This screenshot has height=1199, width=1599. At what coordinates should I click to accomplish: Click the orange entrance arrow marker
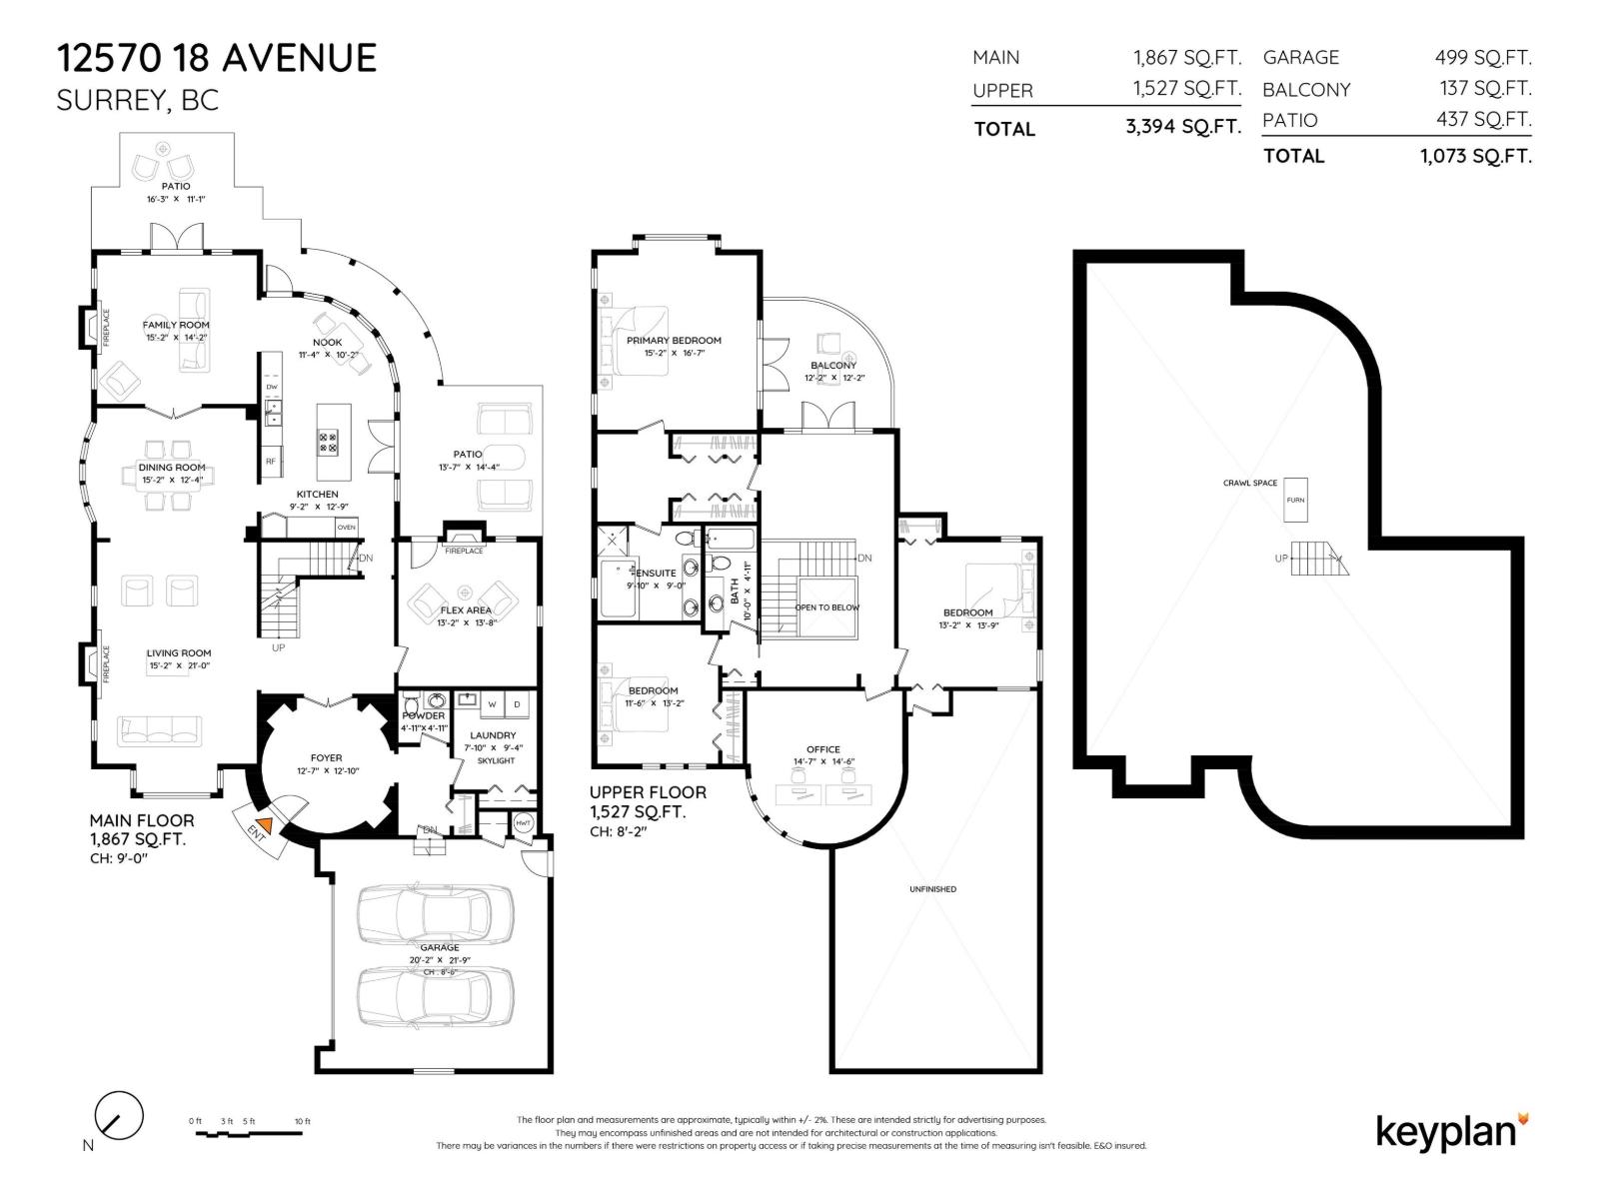262,826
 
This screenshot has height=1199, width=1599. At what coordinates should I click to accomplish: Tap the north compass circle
119,1114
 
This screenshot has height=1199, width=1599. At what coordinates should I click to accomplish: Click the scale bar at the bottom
251,1134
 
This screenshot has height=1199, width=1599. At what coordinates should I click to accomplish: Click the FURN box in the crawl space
1295,500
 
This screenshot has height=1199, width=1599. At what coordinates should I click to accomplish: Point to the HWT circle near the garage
524,822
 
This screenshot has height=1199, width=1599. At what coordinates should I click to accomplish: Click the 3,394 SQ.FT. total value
1183,127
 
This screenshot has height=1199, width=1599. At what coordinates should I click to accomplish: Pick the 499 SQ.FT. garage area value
1483,58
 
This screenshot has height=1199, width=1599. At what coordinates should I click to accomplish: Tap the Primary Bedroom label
674,341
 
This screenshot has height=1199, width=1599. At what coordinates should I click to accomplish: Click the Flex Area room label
466,609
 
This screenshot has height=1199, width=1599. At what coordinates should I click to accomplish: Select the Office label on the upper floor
823,749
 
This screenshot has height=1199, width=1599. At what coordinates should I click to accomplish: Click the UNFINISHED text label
932,889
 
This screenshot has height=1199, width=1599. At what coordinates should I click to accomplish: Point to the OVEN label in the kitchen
346,527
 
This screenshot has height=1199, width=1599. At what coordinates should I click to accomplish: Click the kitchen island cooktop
328,442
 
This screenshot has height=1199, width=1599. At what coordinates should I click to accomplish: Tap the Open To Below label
826,607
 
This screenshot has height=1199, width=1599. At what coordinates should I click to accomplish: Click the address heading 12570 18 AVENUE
217,58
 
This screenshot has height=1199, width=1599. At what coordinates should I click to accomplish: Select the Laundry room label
493,735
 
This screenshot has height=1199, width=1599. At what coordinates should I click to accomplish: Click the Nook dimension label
328,355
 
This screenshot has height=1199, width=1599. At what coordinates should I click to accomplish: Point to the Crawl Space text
1250,483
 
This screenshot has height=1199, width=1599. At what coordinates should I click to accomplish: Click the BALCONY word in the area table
1306,90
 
